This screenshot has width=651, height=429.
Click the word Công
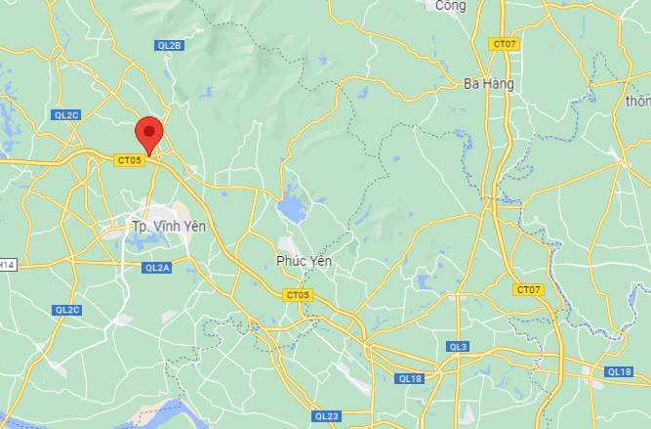point(451,6)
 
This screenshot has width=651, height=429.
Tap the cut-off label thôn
point(638,100)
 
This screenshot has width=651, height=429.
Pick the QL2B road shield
point(169,45)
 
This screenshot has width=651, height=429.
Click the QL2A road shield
point(156,267)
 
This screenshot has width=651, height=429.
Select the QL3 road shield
point(458,347)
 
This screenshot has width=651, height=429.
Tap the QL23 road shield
point(327,416)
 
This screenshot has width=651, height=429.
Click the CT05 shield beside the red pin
point(128,159)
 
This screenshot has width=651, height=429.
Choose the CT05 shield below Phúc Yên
point(298,294)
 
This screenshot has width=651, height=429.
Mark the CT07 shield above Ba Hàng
point(504,44)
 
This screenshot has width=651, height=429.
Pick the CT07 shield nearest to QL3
point(528,289)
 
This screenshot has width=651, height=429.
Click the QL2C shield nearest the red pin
point(66,114)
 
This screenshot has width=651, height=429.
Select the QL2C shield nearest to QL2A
point(66,310)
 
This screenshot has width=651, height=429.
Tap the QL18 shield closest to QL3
point(410,378)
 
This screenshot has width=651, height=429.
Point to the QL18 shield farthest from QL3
point(619,371)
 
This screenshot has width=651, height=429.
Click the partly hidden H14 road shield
point(7,264)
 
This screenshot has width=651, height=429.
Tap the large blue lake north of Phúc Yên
point(290,208)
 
